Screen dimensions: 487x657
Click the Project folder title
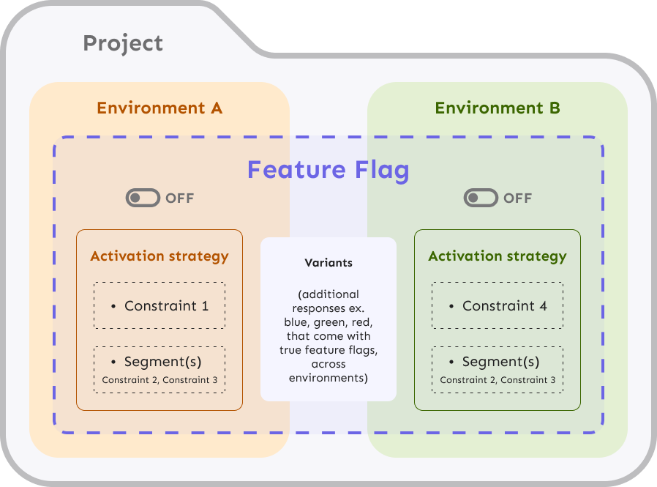tap(123, 43)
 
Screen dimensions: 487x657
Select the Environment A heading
tap(159, 108)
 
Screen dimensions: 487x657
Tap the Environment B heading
tap(498, 108)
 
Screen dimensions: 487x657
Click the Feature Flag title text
tap(328, 170)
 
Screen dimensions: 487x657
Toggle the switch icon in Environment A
tap(142, 198)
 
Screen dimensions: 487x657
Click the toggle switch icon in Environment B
tap(480, 198)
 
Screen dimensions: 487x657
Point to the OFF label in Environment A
tap(180, 198)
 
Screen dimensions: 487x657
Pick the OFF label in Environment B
tap(518, 198)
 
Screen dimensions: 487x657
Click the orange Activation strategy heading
tap(159, 256)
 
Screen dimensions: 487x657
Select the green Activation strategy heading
tap(498, 256)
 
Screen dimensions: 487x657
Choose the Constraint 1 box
tap(159, 306)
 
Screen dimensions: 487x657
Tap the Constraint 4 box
tap(498, 306)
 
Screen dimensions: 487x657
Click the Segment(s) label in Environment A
tap(162, 362)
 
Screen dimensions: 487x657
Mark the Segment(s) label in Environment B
tap(500, 362)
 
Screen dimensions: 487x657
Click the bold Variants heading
tap(328, 262)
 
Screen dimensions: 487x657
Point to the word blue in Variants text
tap(298, 322)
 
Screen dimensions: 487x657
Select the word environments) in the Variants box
tap(328, 378)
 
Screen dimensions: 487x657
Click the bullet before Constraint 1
tap(113, 306)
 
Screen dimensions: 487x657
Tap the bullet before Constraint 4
tap(451, 306)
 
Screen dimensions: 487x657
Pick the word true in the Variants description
tap(290, 350)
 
